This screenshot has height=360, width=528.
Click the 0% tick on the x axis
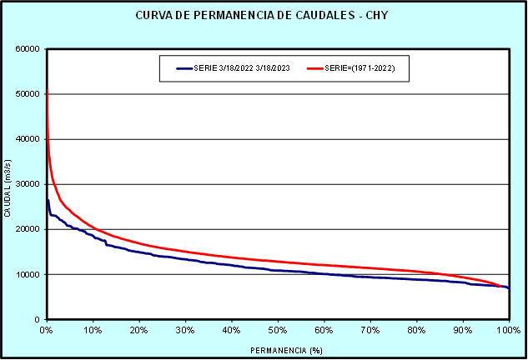click(47, 330)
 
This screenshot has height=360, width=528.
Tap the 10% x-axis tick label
click(93, 330)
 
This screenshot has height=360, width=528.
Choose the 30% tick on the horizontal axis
click(185, 330)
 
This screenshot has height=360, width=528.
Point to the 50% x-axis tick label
click(278, 330)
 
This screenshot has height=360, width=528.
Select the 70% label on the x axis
click(370, 330)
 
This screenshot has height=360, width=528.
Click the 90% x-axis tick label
click(462, 330)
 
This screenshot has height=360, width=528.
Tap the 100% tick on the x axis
click(507, 330)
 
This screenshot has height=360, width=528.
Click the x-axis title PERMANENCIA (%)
click(277, 350)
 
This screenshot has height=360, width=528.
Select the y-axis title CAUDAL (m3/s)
click(8, 184)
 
